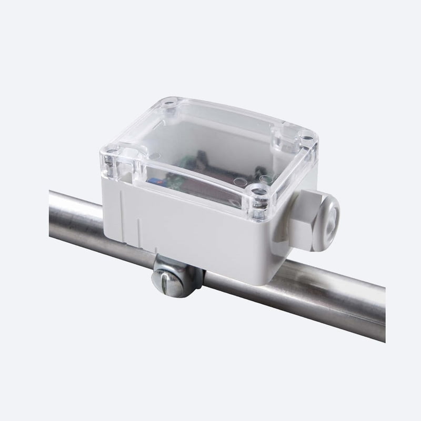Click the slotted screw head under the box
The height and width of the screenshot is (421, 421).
(x=168, y=282)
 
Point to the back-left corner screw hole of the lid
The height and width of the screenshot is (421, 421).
(x=169, y=107)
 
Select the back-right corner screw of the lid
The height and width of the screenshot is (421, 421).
(x=305, y=138)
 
